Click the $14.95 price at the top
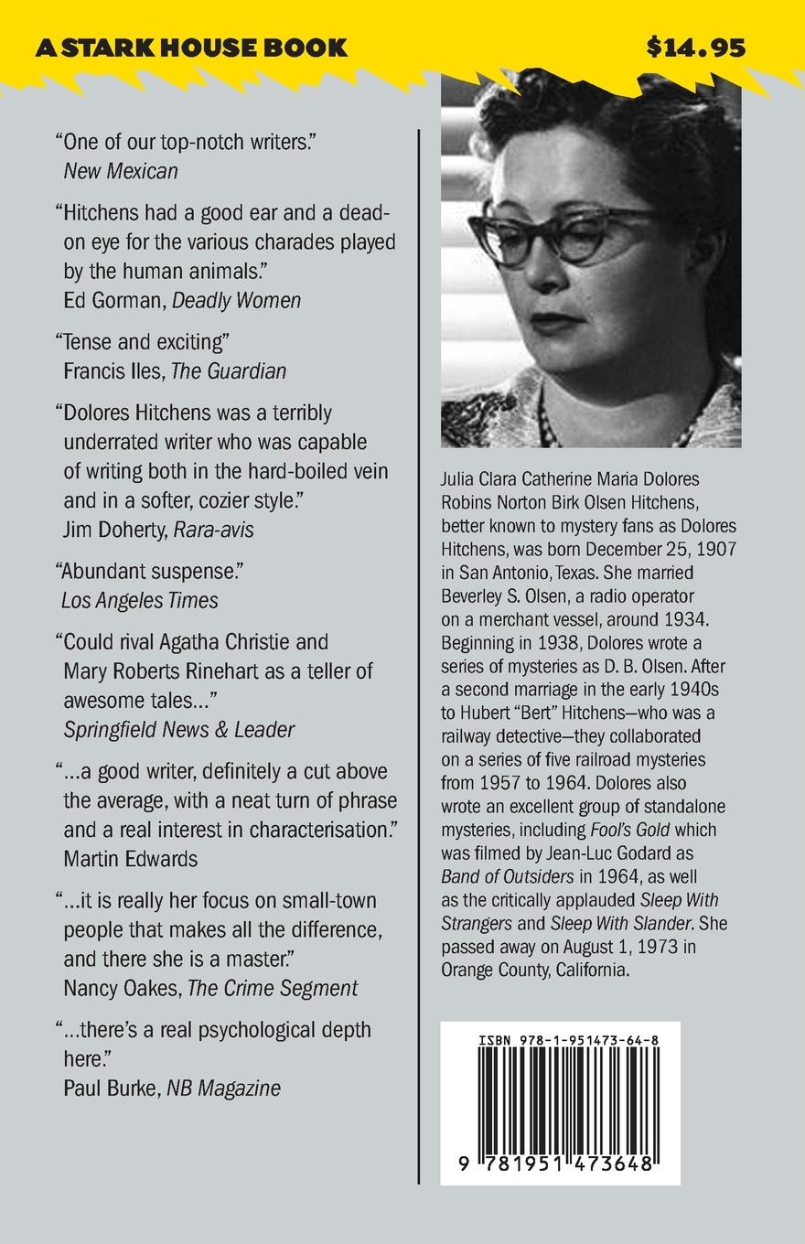coord(695,48)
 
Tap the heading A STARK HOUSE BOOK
coord(191,48)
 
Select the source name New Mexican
coord(121,170)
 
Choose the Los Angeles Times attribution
coord(140,600)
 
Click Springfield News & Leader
coord(179,729)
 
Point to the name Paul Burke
coord(111,1088)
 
